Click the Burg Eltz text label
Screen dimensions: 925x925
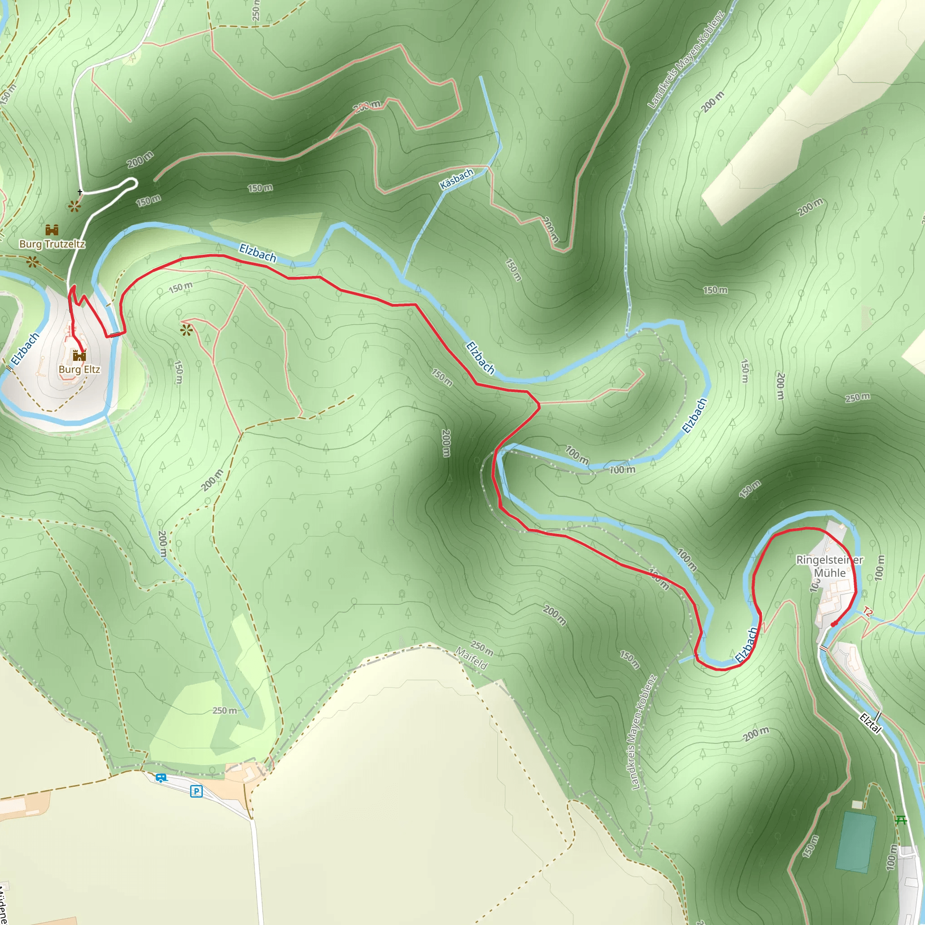79,369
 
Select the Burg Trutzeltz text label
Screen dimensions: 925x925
52,244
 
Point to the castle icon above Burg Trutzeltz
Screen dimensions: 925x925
52,230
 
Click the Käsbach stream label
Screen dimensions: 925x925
456,178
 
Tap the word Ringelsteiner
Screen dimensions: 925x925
829,560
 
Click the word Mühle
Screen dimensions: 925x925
830,573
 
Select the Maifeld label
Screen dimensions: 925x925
472,659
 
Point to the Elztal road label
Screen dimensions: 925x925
870,723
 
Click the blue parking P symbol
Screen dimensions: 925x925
196,791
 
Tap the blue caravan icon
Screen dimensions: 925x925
161,778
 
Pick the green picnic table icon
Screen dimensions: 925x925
901,820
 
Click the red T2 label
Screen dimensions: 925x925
867,612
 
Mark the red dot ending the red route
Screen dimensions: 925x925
834,624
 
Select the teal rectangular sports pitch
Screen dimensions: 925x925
856,841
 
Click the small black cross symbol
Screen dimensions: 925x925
80,192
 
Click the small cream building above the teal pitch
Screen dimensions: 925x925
857,804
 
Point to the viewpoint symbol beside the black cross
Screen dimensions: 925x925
74,206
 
